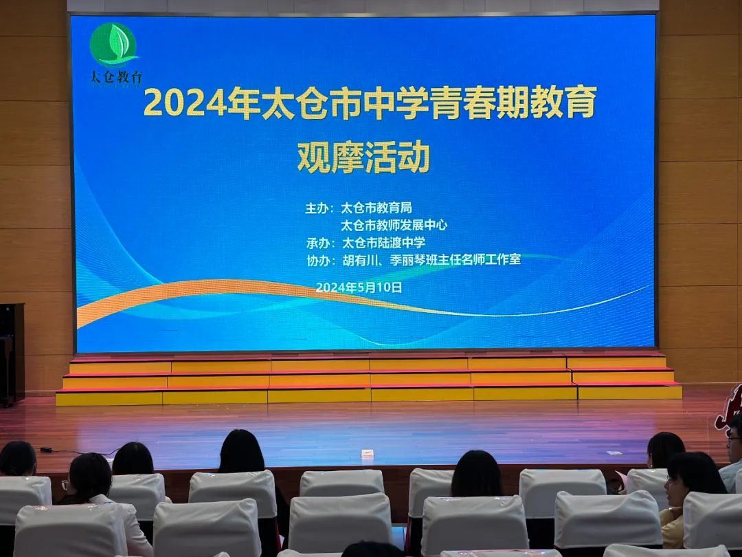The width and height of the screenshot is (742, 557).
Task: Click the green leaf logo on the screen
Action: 113,45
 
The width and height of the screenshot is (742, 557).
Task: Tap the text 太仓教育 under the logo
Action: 116,77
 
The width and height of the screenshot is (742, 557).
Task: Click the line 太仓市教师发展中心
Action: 394,225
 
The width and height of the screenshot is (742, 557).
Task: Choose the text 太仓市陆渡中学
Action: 383,243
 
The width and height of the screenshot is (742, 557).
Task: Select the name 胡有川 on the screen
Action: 359,260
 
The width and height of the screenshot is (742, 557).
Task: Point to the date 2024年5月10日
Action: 359,287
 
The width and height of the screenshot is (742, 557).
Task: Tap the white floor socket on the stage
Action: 367,453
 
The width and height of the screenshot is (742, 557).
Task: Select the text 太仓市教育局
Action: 376,208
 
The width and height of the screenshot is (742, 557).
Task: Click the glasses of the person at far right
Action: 735,439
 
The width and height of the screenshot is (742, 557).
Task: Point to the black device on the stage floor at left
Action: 46,450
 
